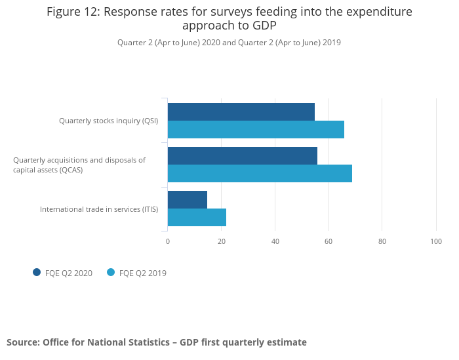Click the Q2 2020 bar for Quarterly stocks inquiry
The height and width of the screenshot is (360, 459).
tap(241, 111)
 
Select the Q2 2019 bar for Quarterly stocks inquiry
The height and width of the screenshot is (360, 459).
tap(256, 129)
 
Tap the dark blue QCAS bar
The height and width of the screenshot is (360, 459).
tap(242, 155)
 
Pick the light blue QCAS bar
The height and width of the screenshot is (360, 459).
tap(260, 173)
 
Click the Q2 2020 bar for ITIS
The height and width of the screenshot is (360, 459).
tap(187, 199)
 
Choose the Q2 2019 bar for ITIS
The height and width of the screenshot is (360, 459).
tap(197, 217)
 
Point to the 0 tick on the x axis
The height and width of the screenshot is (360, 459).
tap(168, 241)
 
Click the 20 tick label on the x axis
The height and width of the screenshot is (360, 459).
tap(222, 241)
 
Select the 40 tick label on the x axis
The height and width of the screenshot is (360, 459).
tap(275, 241)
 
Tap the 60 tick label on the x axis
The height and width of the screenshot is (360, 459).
tap(329, 241)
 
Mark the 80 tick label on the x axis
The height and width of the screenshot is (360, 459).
tap(382, 241)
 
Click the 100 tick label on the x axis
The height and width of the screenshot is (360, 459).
tap(436, 241)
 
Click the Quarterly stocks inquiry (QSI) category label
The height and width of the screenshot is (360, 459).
tap(108, 121)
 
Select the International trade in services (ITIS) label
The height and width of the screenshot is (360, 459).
tap(99, 209)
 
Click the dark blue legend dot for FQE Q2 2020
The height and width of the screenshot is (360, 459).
tap(37, 272)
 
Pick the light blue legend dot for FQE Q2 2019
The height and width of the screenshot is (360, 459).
tap(111, 272)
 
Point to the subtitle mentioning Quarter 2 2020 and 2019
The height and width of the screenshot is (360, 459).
tap(229, 43)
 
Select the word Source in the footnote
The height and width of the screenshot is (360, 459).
tap(22, 342)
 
